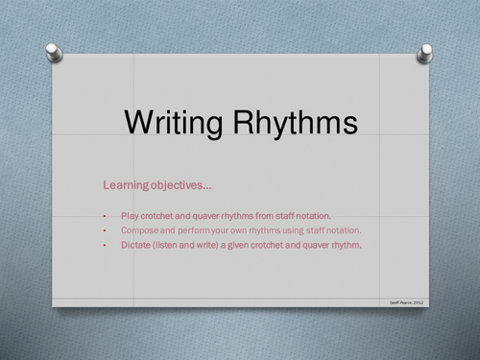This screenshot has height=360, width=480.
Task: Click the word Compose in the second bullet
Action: point(140,230)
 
